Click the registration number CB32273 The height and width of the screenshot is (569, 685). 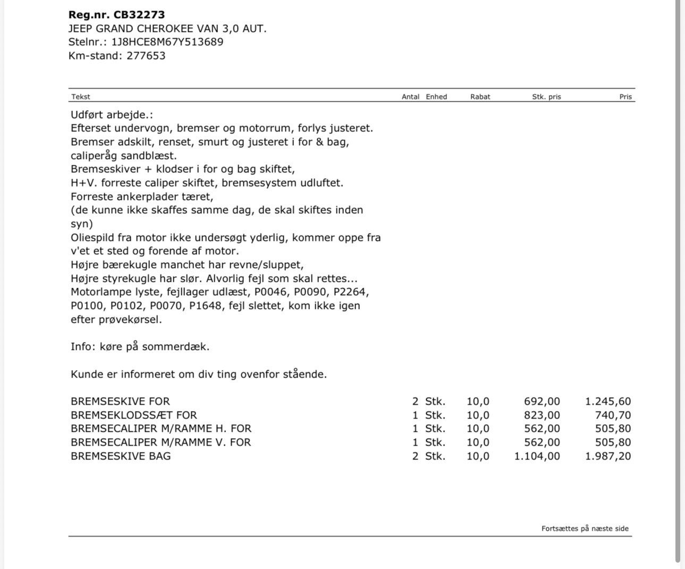[x=139, y=15]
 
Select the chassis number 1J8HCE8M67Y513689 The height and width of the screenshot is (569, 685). [x=167, y=42]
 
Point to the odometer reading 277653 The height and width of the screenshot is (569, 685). [x=146, y=56]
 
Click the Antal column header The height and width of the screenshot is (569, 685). [x=410, y=97]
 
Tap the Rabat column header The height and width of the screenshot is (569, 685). [x=480, y=97]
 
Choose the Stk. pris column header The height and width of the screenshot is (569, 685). [x=546, y=97]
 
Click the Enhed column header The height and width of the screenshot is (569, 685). [x=436, y=97]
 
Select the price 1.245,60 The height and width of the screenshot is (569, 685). [x=608, y=401]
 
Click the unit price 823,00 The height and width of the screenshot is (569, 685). [x=542, y=415]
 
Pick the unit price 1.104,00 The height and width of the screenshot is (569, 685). [x=537, y=456]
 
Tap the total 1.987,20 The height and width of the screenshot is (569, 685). [x=608, y=456]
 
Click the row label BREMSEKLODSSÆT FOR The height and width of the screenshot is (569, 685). [x=133, y=415]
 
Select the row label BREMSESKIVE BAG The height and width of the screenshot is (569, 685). [x=121, y=456]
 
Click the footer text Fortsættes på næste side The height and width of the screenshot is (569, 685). [x=585, y=529]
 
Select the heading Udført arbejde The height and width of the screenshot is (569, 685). [x=112, y=115]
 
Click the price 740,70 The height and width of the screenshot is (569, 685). [x=613, y=415]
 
